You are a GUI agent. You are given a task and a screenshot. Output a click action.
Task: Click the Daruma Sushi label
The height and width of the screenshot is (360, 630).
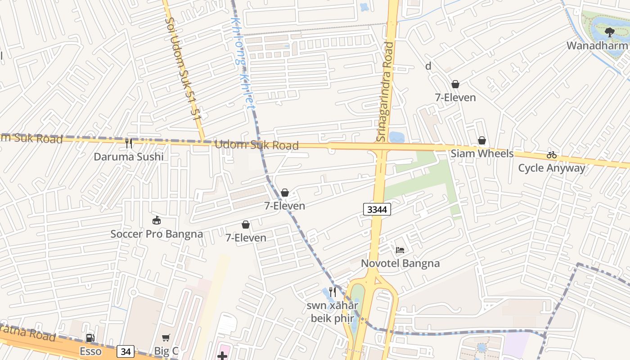pyautogui.click(x=129, y=157)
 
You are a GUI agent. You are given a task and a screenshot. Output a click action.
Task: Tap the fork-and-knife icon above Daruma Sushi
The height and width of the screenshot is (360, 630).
pyautogui.click(x=129, y=144)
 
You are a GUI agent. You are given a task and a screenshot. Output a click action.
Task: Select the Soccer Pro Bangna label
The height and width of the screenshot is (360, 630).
pyautogui.click(x=157, y=234)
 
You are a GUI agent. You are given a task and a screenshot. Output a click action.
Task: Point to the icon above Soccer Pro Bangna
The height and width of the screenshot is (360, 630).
pyautogui.click(x=157, y=220)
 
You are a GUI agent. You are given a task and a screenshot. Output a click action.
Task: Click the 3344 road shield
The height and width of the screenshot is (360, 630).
pyautogui.click(x=377, y=209)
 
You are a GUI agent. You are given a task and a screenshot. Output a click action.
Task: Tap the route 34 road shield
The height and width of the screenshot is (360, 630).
pyautogui.click(x=125, y=351)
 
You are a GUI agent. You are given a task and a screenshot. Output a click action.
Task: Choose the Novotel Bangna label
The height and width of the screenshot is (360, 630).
pyautogui.click(x=400, y=263)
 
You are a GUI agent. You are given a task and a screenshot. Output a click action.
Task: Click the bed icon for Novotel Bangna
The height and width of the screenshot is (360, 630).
pyautogui.click(x=400, y=250)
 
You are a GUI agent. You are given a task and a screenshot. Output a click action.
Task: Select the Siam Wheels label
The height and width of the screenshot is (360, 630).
pyautogui.click(x=482, y=153)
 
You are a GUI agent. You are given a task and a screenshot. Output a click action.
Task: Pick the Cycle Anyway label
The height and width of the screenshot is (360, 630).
pyautogui.click(x=551, y=168)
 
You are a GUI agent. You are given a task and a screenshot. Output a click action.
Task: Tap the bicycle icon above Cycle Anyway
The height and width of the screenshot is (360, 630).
pyautogui.click(x=552, y=155)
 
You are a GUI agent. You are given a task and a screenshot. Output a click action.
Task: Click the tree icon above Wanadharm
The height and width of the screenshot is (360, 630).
pyautogui.click(x=610, y=32)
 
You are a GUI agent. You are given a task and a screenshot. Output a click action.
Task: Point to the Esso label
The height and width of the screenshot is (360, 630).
pyautogui.click(x=90, y=351)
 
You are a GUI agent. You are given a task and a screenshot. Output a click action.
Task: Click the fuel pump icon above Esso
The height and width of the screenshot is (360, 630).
pyautogui.click(x=90, y=338)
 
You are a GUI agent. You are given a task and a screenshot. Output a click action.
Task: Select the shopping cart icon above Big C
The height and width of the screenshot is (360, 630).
pyautogui.click(x=166, y=338)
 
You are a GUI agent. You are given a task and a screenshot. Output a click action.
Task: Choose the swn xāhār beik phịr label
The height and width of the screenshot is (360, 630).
pyautogui.click(x=333, y=312)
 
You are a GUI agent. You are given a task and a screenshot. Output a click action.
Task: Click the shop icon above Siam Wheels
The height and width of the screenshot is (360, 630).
pyautogui.click(x=482, y=141)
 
